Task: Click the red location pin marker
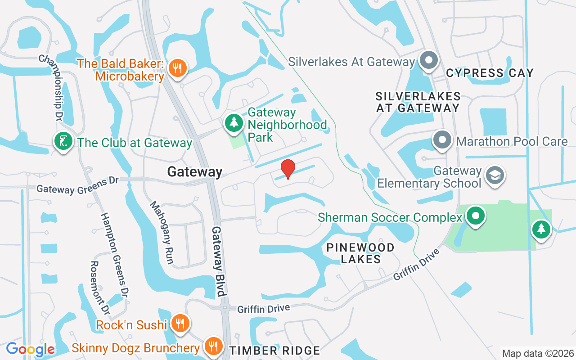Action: (x=288, y=169)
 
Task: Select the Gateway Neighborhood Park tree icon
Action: (x=234, y=123)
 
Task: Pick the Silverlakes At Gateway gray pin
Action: (x=428, y=60)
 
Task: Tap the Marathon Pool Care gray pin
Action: (x=442, y=140)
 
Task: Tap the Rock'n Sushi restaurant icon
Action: (x=180, y=323)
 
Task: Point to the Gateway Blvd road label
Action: (x=218, y=261)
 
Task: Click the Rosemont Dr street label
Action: (x=100, y=288)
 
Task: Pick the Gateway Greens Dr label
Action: (x=77, y=185)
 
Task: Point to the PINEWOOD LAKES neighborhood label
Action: (x=360, y=253)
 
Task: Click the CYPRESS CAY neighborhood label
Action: (x=490, y=73)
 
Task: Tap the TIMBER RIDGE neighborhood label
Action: (x=274, y=351)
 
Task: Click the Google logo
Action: (x=30, y=349)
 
